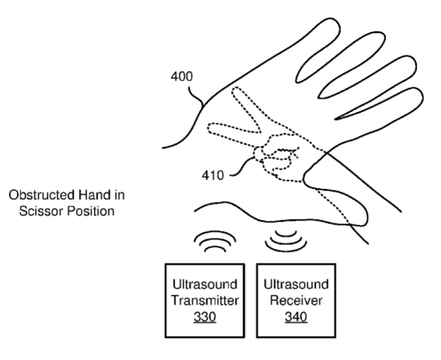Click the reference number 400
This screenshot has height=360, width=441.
(x=182, y=77)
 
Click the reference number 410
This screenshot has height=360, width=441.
(x=213, y=175)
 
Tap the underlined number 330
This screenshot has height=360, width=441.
(x=205, y=317)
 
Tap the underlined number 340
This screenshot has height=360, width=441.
(x=296, y=317)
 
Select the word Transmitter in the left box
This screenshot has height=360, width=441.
(x=205, y=301)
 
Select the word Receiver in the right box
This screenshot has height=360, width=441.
(x=296, y=301)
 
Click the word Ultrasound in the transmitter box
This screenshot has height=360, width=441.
(x=205, y=284)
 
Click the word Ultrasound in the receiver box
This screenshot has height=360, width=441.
(x=296, y=284)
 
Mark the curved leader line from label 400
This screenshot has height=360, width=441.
(x=196, y=97)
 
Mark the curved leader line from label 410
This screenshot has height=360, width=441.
(x=242, y=166)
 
